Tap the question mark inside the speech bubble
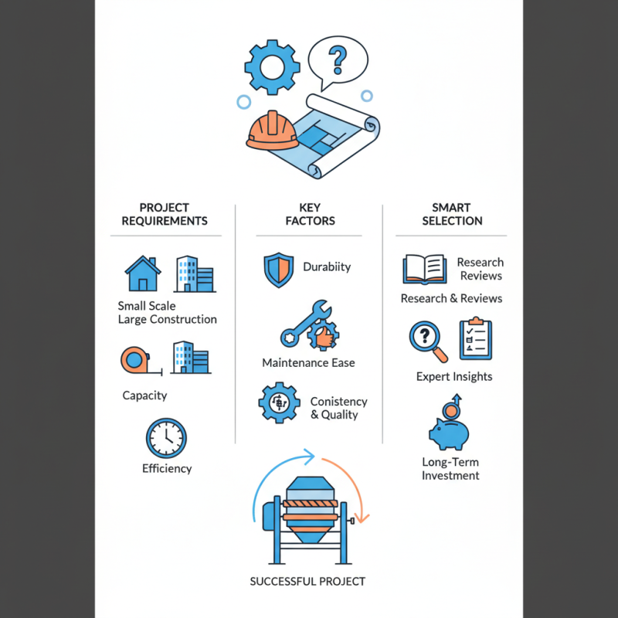(338, 60)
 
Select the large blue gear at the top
(272, 67)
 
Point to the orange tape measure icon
(134, 360)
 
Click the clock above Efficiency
(166, 438)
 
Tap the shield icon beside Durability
(279, 270)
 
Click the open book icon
(424, 269)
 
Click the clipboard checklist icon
(476, 338)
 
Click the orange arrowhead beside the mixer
(361, 517)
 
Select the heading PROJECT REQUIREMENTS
(165, 214)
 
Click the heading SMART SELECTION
(452, 214)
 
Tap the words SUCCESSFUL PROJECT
(307, 582)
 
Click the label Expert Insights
(454, 376)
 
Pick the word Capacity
(144, 396)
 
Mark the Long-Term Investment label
(450, 469)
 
